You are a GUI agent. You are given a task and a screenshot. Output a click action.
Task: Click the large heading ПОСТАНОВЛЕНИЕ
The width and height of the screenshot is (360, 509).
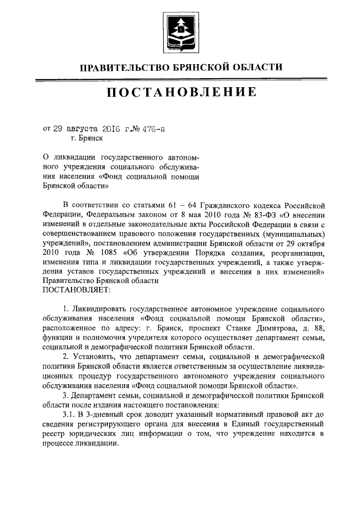point(179,92)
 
